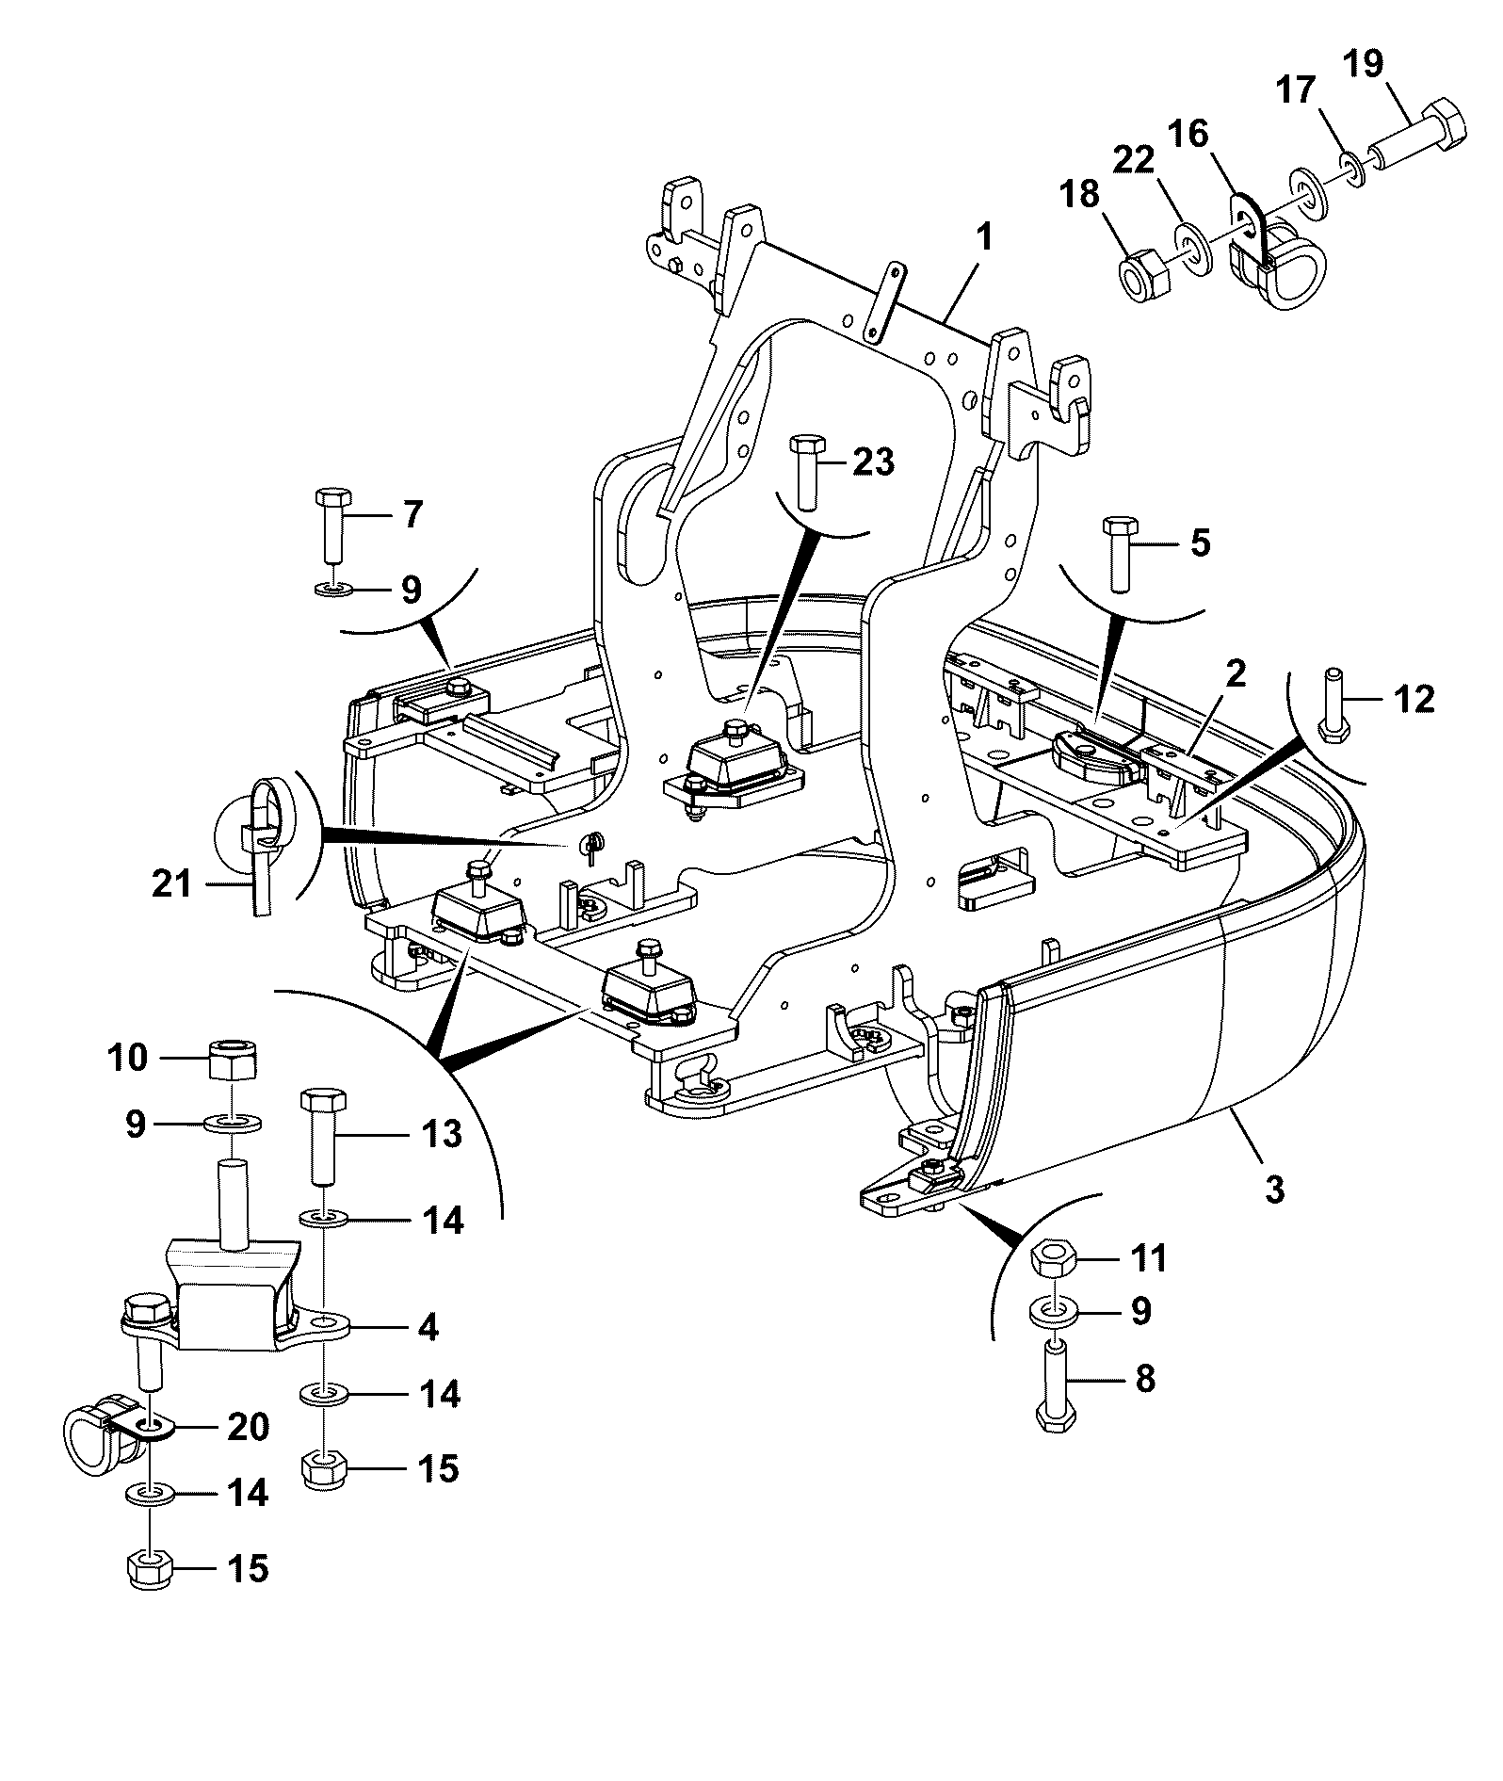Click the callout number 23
[873, 462]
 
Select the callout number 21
[172, 884]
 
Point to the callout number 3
[1273, 1189]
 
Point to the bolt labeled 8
[1057, 1389]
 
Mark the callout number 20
[248, 1427]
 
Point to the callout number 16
[1188, 134]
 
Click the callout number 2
[1236, 673]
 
